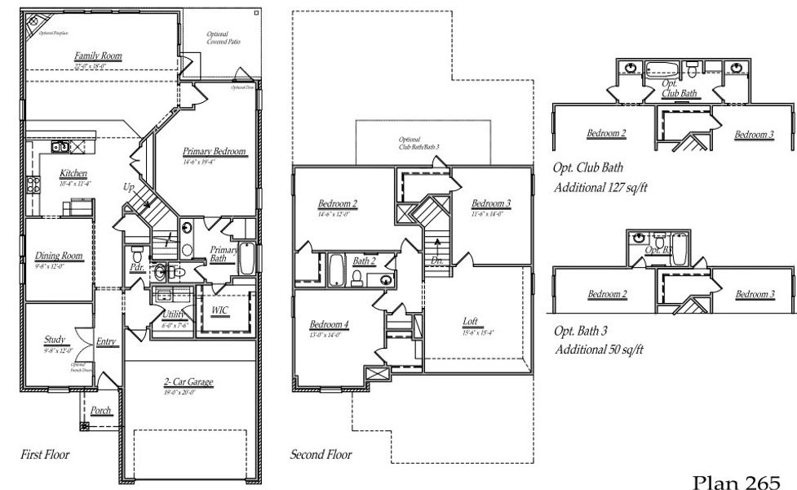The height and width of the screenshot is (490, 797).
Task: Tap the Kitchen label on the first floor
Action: [73, 174]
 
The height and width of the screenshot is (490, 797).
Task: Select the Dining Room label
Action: [59, 256]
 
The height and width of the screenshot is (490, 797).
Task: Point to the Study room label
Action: [55, 340]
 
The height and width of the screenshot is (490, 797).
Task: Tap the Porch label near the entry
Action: [100, 411]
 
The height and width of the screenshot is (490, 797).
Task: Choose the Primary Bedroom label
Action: [215, 151]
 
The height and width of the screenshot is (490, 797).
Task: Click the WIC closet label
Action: [219, 310]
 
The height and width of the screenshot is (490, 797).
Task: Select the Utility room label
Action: [172, 314]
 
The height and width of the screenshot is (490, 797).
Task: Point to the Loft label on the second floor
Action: [470, 322]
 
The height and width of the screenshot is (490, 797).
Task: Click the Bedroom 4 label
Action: [329, 324]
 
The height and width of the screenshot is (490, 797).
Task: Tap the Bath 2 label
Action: [364, 261]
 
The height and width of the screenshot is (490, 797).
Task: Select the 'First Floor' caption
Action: [44, 454]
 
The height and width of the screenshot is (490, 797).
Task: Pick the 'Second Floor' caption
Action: [321, 454]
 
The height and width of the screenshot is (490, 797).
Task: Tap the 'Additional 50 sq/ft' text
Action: [599, 350]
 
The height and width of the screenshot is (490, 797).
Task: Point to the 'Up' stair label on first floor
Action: [128, 187]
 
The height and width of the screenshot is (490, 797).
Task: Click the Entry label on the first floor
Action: [106, 341]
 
